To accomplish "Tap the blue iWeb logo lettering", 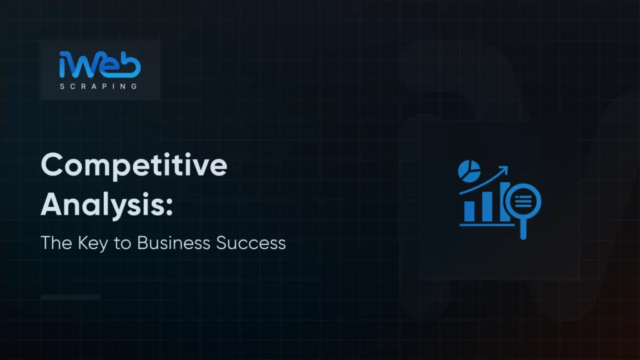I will click(100, 66).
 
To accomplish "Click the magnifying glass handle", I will click(524, 230).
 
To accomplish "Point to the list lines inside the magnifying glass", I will click(524, 200).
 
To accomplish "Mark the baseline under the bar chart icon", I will click(484, 223).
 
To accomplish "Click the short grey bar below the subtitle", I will click(70, 297).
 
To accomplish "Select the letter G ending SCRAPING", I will click(134, 86).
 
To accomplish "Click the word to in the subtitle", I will click(117, 242).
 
